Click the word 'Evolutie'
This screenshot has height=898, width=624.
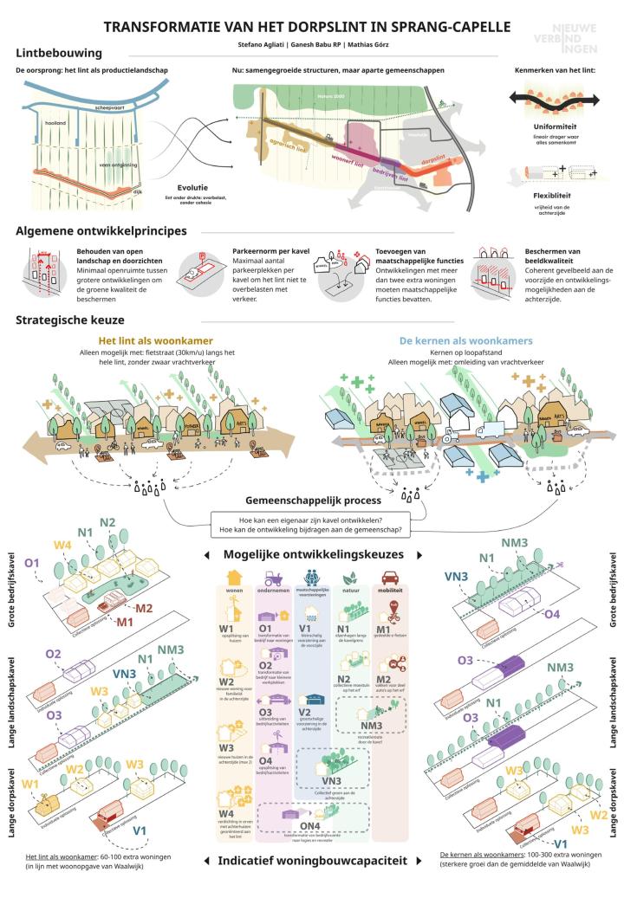pyautogui.click(x=193, y=187)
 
